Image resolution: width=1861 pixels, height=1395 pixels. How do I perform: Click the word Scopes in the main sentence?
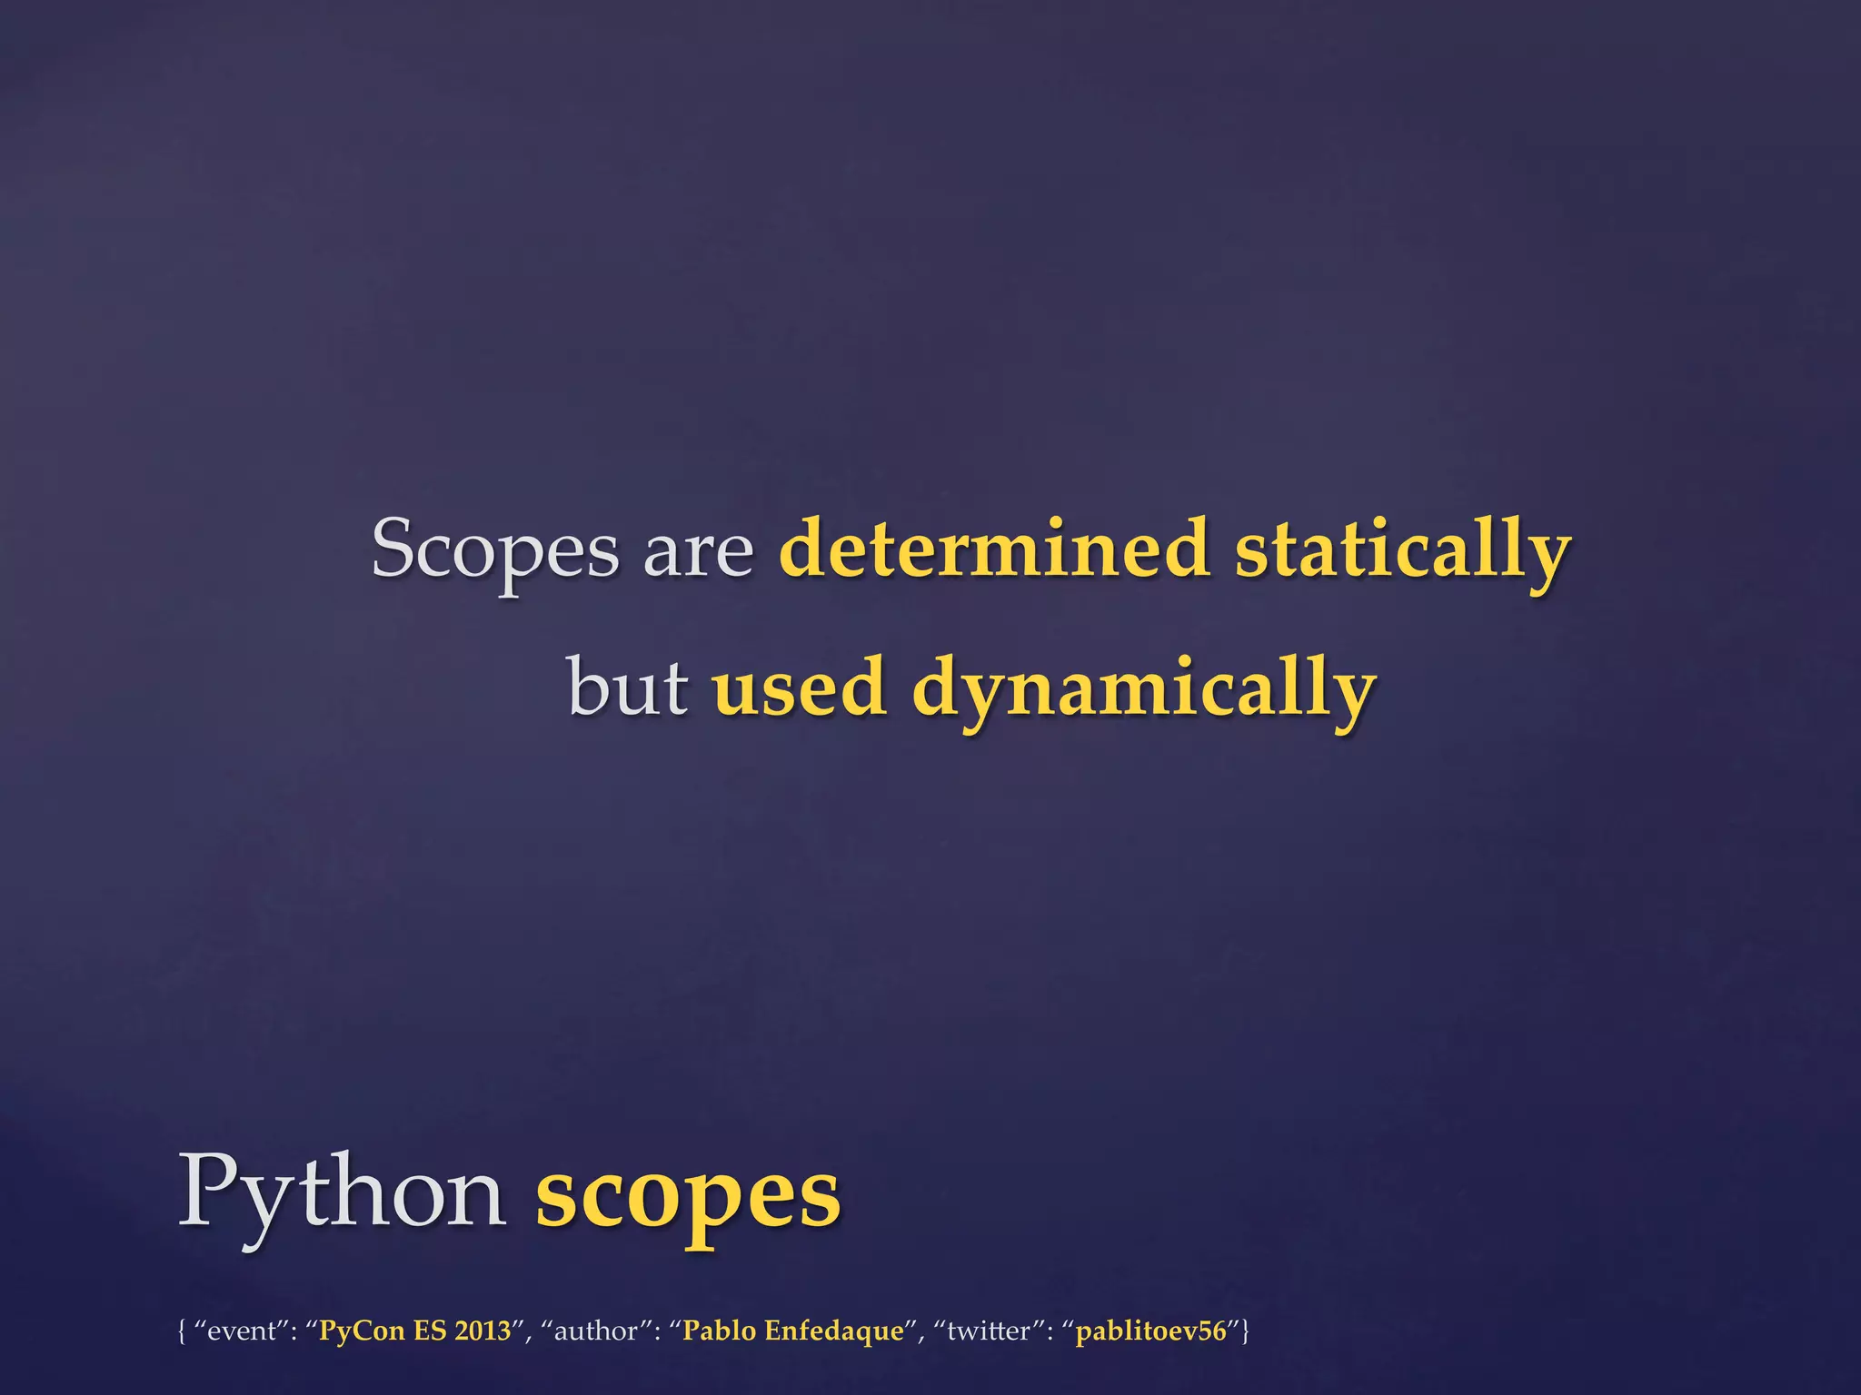tap(495, 549)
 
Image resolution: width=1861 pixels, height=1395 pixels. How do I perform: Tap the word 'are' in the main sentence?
tap(698, 551)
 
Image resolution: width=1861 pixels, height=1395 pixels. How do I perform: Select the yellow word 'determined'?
tap(994, 548)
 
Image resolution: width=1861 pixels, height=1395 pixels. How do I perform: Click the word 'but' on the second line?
tap(628, 687)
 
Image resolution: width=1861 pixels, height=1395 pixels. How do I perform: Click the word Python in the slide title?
tap(342, 1193)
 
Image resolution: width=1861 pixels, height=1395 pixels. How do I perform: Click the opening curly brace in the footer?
tap(183, 1331)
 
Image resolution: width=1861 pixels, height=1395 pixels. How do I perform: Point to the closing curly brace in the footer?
tap(1245, 1331)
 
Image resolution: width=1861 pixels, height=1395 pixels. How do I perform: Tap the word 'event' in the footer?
tap(241, 1331)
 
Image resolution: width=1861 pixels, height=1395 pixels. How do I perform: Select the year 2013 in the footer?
tap(483, 1331)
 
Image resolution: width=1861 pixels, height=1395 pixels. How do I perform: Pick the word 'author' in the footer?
tap(595, 1331)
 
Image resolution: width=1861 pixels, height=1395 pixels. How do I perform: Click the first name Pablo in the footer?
tap(719, 1331)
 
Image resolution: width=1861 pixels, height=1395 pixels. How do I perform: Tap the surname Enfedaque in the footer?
tap(834, 1331)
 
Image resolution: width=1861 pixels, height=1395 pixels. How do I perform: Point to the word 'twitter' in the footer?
tap(989, 1331)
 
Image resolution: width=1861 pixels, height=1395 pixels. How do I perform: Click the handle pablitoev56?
tap(1150, 1331)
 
